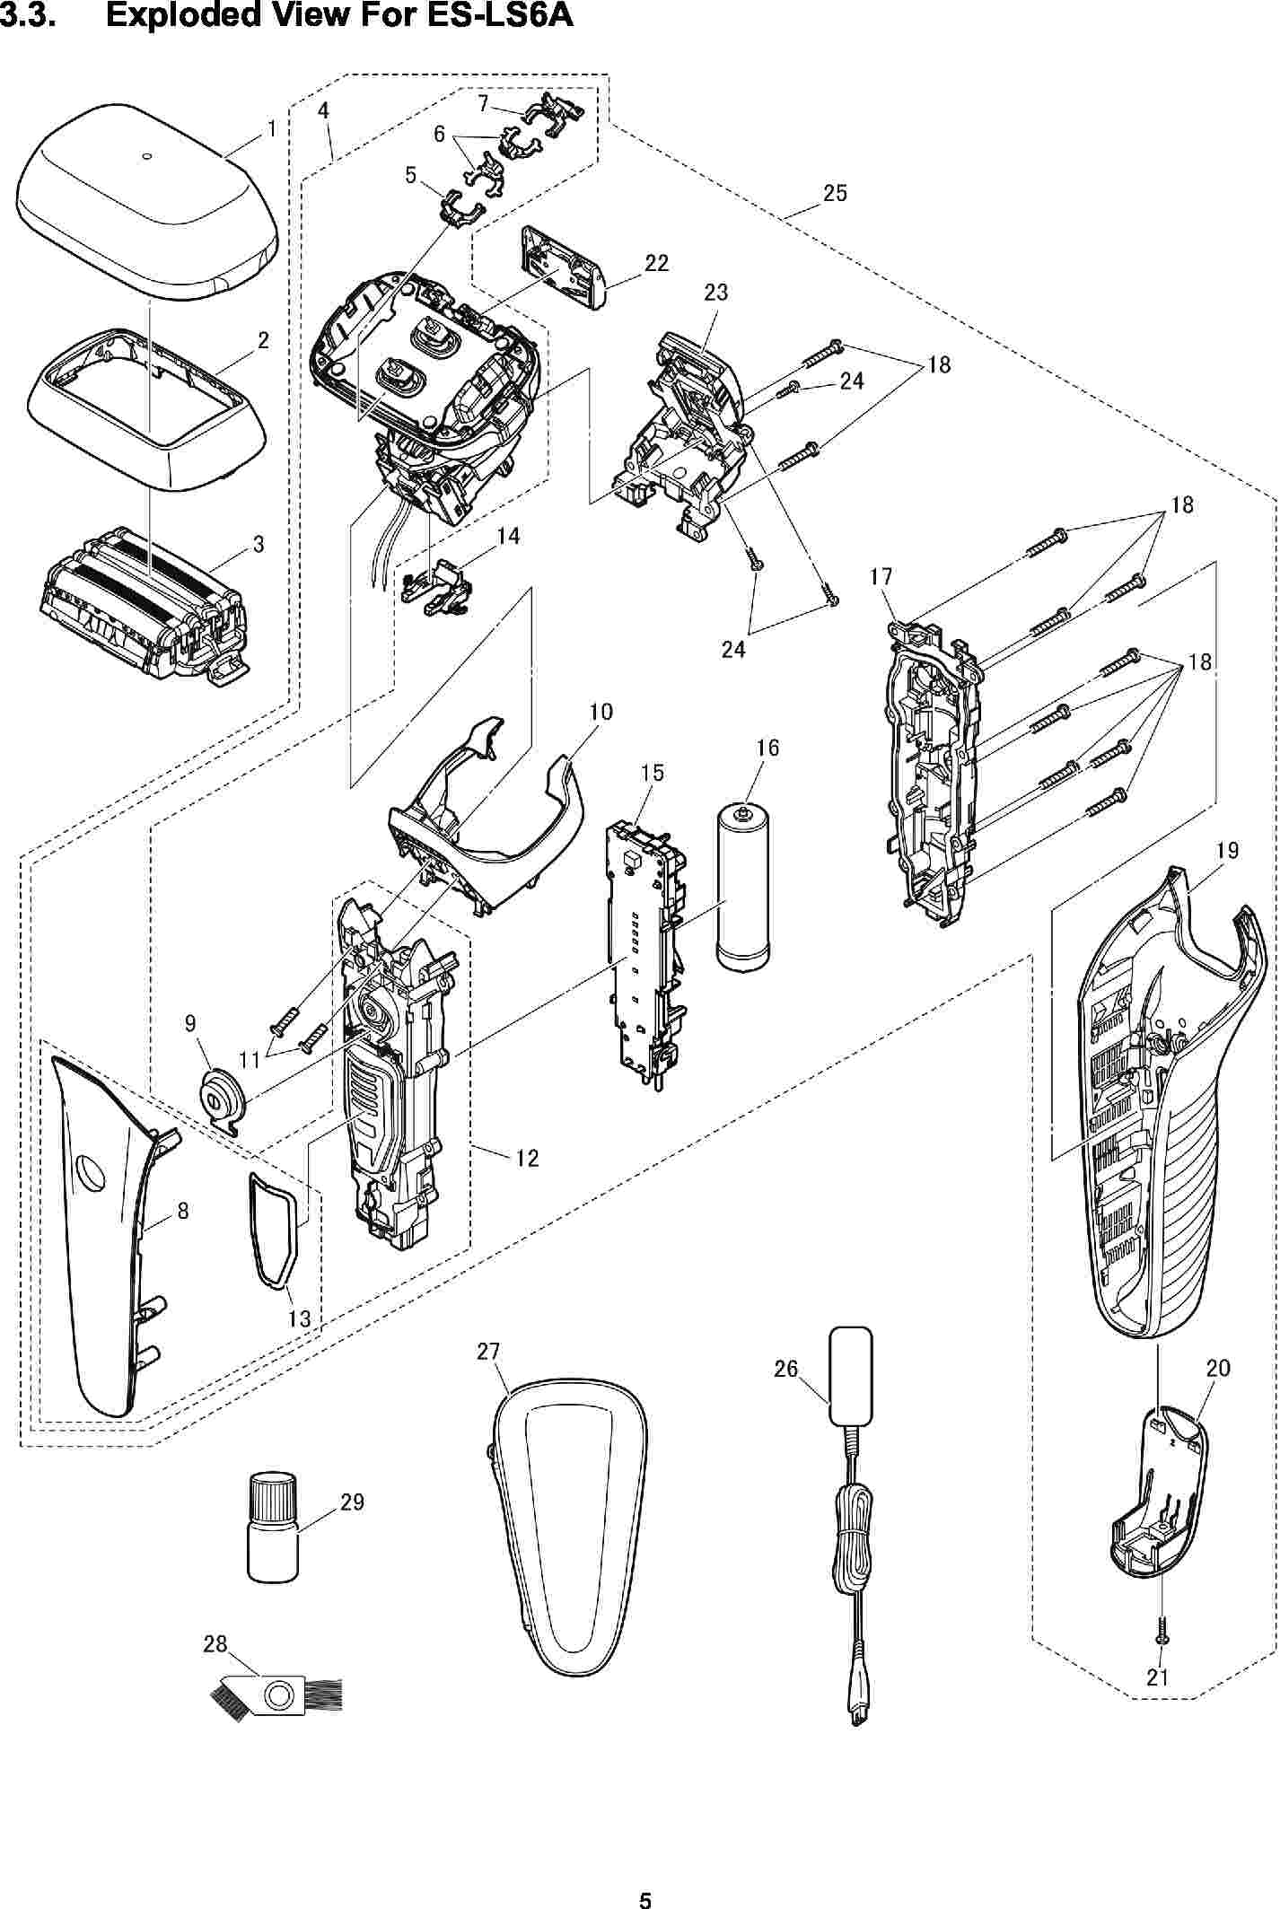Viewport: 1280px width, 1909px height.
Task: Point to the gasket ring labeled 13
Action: coord(271,1225)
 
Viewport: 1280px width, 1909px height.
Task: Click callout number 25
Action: coord(835,193)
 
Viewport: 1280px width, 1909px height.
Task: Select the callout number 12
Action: coord(527,1158)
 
